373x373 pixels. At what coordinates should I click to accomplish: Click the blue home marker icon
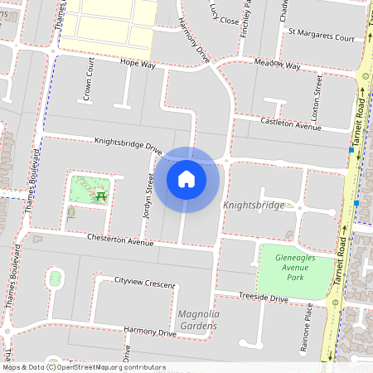[186, 179]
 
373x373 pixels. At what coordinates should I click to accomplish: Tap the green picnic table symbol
[101, 196]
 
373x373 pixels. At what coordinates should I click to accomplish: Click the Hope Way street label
[138, 63]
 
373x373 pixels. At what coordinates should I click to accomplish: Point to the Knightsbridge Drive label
[128, 145]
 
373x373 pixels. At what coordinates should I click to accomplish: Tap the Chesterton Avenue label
[121, 241]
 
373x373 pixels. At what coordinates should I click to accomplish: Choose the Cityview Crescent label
[145, 283]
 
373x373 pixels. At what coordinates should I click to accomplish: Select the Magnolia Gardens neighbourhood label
[197, 320]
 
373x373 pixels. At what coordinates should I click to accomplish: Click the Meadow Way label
[278, 65]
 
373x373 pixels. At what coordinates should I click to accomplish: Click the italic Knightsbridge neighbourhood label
[254, 205]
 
